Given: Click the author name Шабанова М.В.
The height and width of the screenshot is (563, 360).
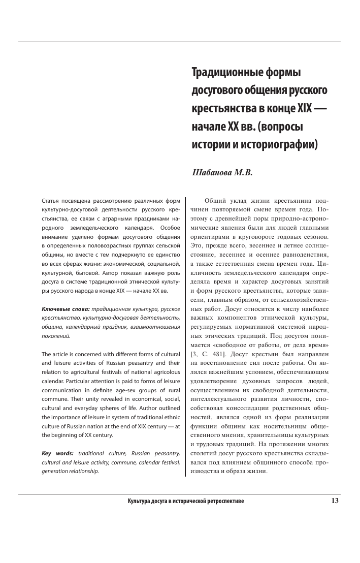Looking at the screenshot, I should pyautogui.click(x=221, y=172).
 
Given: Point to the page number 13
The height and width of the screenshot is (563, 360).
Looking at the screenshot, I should pyautogui.click(x=335, y=501).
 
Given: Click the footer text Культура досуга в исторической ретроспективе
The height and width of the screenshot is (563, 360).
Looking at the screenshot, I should pyautogui.click(x=186, y=502).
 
